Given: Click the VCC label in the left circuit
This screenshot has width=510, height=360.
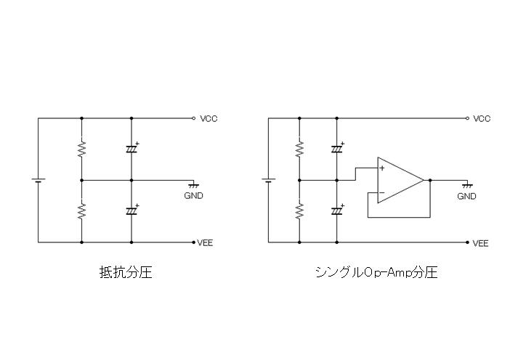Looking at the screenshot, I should tap(209, 118).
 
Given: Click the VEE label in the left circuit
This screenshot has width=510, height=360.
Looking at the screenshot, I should tap(207, 242).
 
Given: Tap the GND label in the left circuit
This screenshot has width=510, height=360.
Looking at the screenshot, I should tap(194, 196).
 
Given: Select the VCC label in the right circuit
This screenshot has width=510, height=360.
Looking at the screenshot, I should tap(482, 118).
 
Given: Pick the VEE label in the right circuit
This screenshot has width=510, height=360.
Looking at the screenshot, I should tap(481, 242).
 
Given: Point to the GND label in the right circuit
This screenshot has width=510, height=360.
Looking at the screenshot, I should tap(467, 196).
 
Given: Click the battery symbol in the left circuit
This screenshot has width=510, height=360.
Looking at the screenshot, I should tap(38, 180).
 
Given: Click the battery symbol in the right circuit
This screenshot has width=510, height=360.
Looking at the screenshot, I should tap(268, 180).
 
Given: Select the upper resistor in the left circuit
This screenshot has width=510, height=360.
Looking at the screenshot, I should tap(81, 149).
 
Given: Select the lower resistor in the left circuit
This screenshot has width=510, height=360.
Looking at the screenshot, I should tap(81, 210).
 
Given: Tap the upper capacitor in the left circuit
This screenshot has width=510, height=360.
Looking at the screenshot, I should tap(131, 149).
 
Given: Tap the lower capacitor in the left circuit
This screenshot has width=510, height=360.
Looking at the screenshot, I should tap(131, 210).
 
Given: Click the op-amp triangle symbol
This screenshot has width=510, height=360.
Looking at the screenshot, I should tap(399, 180).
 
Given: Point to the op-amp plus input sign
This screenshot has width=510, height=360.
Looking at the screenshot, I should tap(382, 168).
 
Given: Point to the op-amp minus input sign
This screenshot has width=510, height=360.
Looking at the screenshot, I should tap(382, 192).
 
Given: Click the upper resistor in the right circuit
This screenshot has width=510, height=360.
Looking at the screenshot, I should tap(299, 149).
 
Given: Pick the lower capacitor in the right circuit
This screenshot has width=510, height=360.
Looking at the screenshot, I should tap(337, 210).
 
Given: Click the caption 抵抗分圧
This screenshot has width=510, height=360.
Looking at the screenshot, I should tap(125, 274).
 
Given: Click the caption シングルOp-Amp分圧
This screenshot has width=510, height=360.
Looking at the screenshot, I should tap(376, 274).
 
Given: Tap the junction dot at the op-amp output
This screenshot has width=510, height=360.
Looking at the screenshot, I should tap(431, 180).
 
